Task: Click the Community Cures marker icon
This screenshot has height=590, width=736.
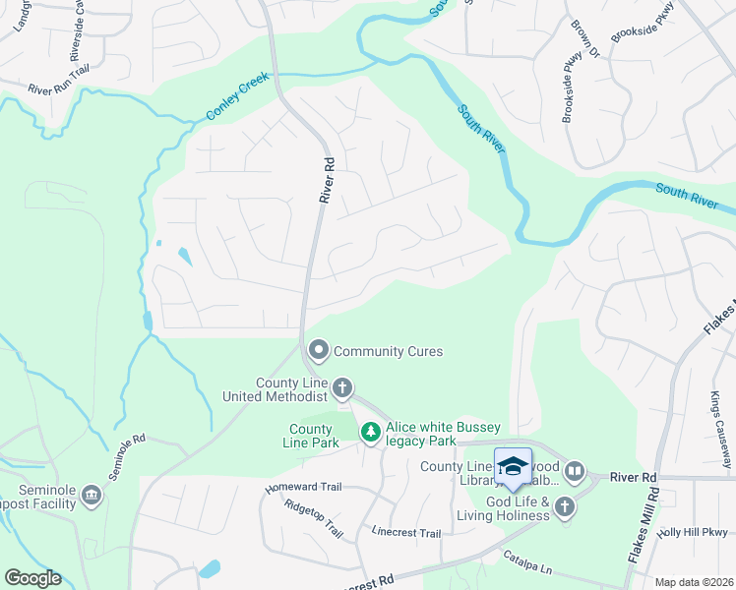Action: [x=319, y=350]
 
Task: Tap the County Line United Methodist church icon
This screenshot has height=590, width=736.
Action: [x=342, y=388]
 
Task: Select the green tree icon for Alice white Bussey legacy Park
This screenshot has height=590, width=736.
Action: [x=370, y=432]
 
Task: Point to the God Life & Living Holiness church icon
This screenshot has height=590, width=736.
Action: [x=564, y=505]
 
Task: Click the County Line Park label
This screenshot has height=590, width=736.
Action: [x=310, y=436]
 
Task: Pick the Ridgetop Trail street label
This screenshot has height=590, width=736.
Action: [x=313, y=518]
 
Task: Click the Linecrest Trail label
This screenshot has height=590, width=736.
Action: [x=406, y=533]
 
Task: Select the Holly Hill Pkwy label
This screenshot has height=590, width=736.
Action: [x=696, y=532]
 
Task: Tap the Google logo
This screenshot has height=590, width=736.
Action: [x=31, y=578]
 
